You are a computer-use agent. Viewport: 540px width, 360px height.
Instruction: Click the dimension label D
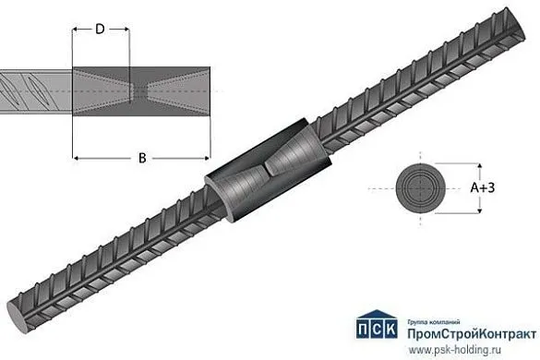point(99,30)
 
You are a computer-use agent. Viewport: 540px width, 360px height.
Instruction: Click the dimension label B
point(141,158)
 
